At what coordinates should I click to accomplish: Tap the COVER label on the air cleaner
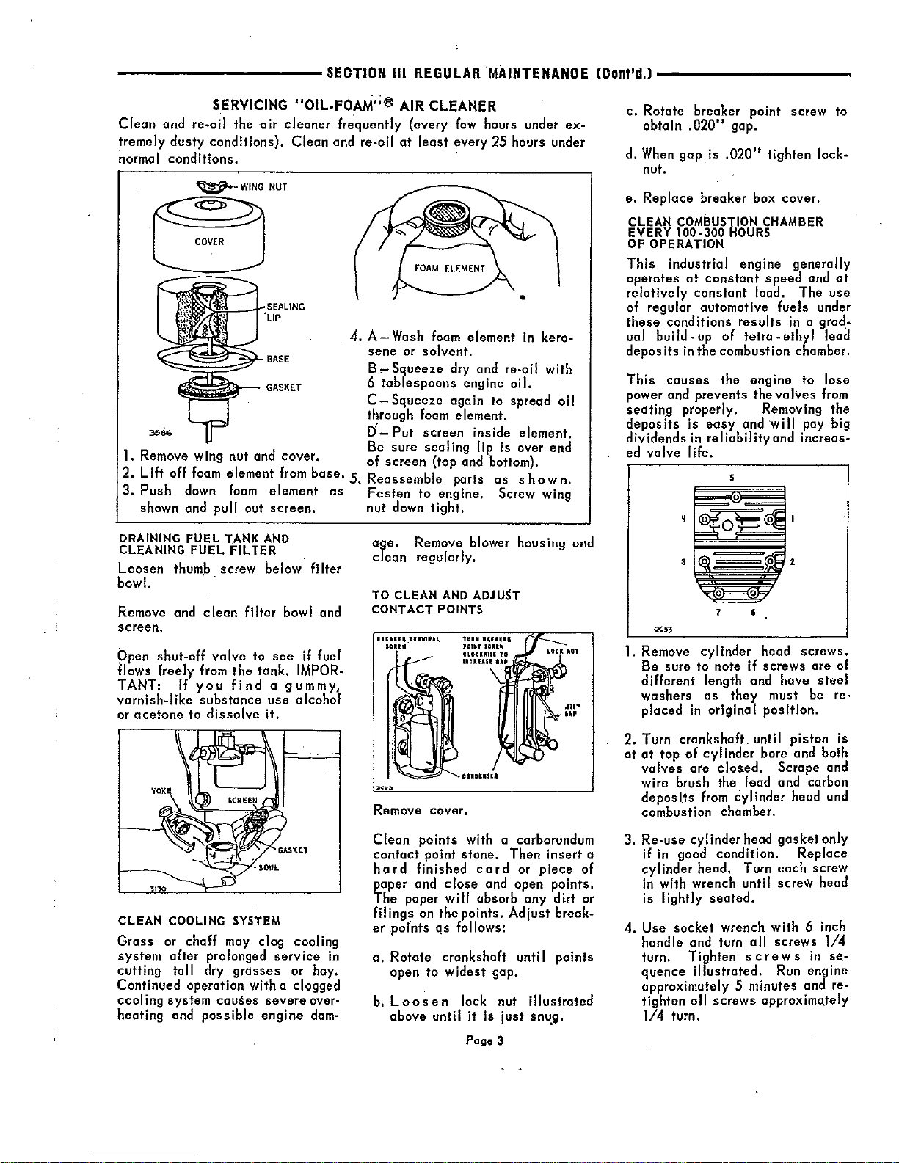click(x=209, y=241)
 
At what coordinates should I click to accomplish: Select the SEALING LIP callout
click(x=285, y=311)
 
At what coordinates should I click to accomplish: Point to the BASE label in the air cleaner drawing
click(x=277, y=359)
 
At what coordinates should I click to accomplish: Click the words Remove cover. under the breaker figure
click(x=421, y=811)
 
